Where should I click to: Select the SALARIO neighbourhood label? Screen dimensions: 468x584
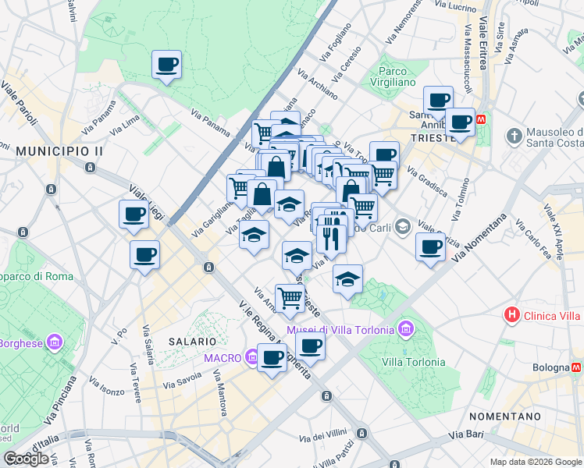(191, 342)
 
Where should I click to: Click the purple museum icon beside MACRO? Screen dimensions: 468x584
(251, 358)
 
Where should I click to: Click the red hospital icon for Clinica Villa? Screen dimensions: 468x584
(511, 315)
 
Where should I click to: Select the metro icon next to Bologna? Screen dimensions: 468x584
(576, 366)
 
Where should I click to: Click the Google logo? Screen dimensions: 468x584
(26, 458)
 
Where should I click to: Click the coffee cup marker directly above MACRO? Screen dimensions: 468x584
(272, 358)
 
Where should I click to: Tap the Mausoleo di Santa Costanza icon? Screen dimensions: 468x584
(515, 136)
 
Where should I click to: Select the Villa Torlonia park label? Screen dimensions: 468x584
(414, 362)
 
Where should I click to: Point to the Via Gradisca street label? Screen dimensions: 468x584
(427, 182)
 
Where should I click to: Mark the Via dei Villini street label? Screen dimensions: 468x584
(329, 434)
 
